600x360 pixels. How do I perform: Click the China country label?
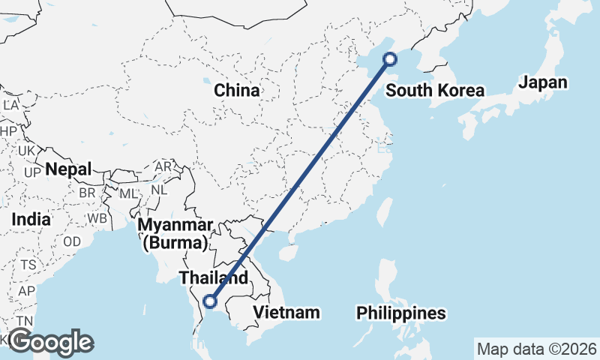point(236,91)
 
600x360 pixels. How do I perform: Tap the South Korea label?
point(435,91)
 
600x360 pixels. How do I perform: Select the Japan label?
point(542,82)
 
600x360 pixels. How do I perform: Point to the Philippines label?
point(400,312)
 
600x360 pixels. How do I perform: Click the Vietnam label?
point(286,312)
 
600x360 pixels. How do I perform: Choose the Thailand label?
point(213,277)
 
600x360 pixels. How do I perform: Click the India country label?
point(31,220)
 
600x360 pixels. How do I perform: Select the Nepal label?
point(68,169)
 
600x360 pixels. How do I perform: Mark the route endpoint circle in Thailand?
point(210,301)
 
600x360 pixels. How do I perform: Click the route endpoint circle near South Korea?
point(389,59)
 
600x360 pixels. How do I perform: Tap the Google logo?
point(50,342)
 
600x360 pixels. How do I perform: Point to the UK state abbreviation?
point(27,151)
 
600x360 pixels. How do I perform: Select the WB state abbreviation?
point(97,219)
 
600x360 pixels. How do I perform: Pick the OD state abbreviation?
point(72,241)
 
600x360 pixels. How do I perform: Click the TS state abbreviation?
point(28,265)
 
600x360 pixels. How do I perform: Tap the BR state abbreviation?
point(87,192)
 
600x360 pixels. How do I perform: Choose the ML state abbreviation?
point(129,193)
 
